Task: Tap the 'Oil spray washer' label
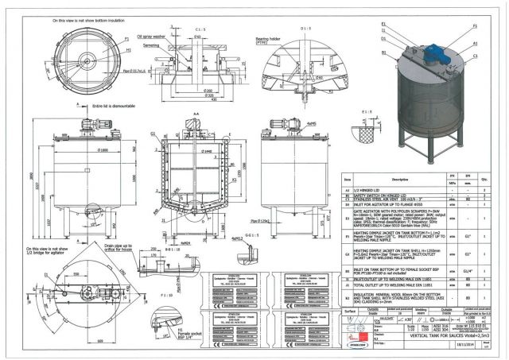pyautogui.click(x=151, y=34)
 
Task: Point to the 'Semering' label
pyautogui.click(x=153, y=45)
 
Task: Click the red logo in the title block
pyautogui.click(x=357, y=347)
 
